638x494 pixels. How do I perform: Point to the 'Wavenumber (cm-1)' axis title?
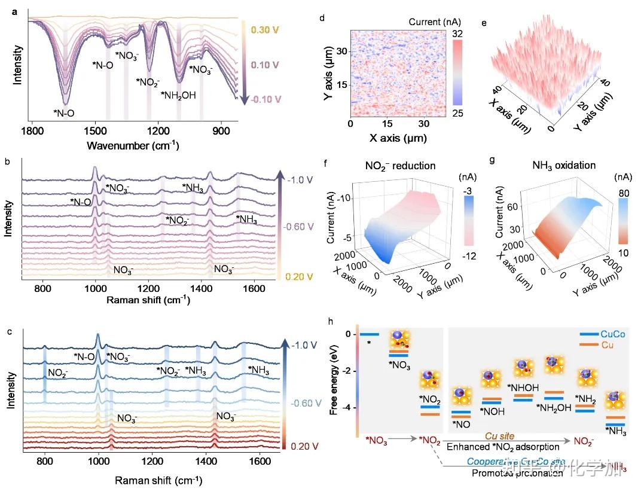pos(133,145)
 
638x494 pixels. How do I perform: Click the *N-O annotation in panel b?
pos(80,202)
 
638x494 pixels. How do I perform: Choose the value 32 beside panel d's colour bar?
pos(459,35)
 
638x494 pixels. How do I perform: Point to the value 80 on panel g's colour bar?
pos(621,193)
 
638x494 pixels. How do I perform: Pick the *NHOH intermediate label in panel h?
pos(520,387)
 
